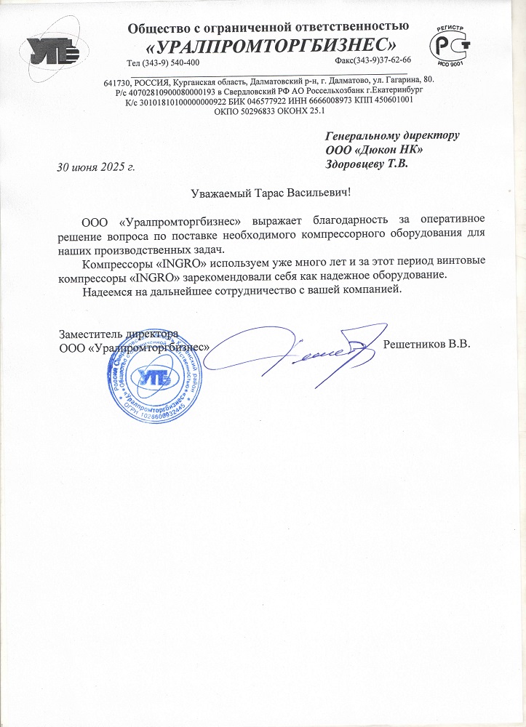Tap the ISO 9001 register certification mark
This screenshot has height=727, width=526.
pos(449,45)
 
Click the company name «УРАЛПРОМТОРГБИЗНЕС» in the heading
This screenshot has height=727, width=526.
pos(272,45)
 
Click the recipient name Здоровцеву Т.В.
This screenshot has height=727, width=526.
pos(367,164)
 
